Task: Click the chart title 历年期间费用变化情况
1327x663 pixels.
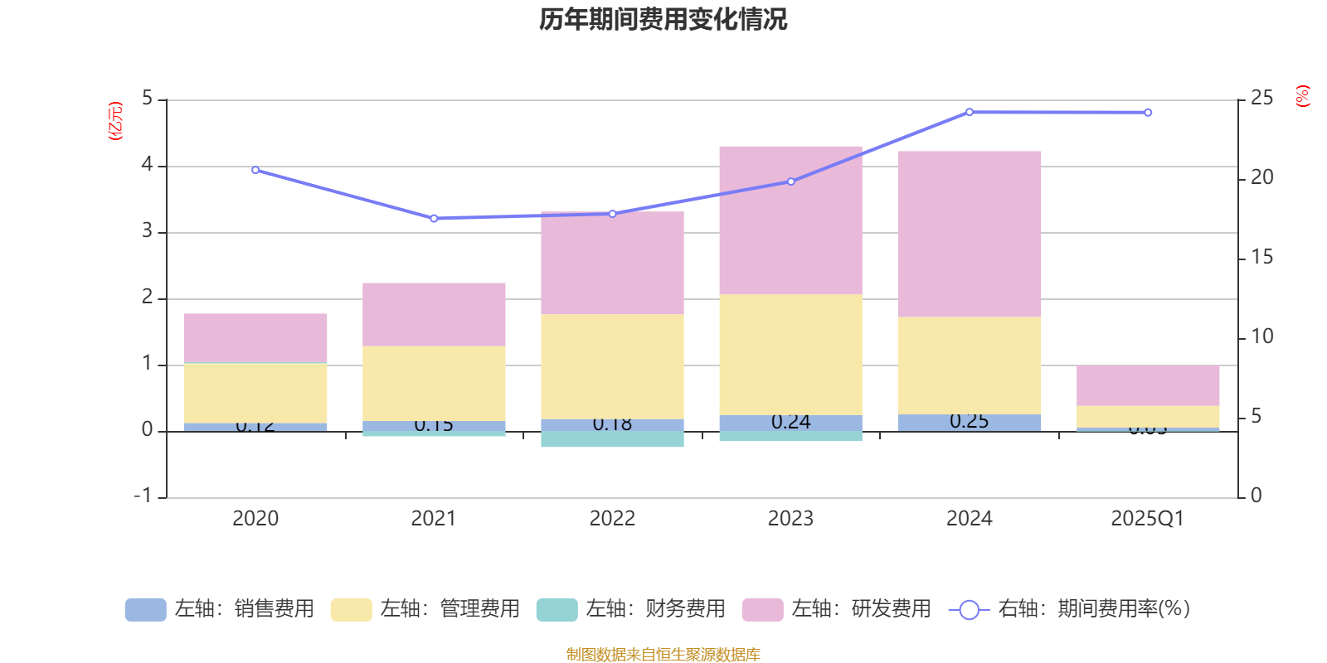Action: (663, 19)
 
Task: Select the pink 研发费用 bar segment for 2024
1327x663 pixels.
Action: (969, 234)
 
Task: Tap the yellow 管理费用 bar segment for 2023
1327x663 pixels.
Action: (790, 355)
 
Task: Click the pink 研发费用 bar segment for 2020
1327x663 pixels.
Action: (255, 338)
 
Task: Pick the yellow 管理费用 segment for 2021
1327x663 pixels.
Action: (434, 384)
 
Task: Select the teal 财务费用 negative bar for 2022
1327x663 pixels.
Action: (612, 439)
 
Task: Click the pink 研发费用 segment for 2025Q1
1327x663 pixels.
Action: (1148, 385)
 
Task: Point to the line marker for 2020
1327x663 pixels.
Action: (255, 170)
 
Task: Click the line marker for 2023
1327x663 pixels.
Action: (790, 181)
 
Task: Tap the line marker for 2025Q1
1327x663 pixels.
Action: (1148, 113)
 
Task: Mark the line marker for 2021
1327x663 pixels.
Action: (434, 219)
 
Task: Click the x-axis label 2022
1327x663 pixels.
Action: (612, 519)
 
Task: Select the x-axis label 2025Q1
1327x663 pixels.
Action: (1148, 519)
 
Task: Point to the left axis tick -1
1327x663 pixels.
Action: (143, 496)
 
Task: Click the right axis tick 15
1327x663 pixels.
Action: (1261, 258)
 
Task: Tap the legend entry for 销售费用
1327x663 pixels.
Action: (221, 609)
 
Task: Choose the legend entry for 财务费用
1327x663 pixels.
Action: (632, 609)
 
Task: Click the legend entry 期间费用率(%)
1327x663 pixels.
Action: (1070, 609)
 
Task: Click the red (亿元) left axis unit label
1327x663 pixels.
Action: (115, 121)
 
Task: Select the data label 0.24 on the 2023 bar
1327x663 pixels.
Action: (790, 422)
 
